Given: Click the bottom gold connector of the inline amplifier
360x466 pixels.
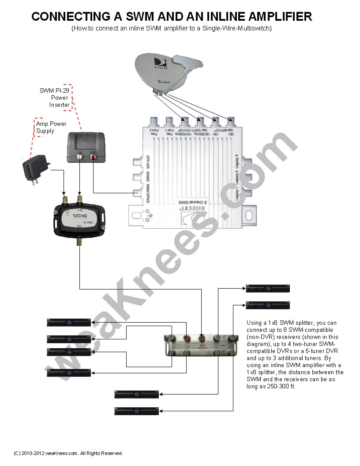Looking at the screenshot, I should [x=79, y=242].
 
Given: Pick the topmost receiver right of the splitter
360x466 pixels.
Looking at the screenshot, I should [x=267, y=289].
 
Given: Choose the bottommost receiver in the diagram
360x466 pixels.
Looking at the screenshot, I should [x=136, y=411].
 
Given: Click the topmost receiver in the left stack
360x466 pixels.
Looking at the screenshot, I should [x=69, y=323].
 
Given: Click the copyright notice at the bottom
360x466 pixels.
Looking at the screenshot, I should [x=68, y=453].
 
